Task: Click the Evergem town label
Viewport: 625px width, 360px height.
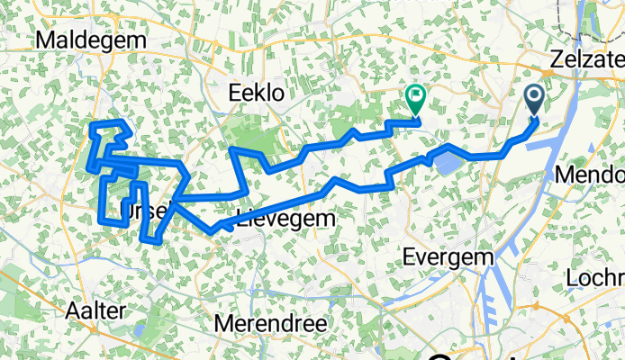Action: click(449, 256)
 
